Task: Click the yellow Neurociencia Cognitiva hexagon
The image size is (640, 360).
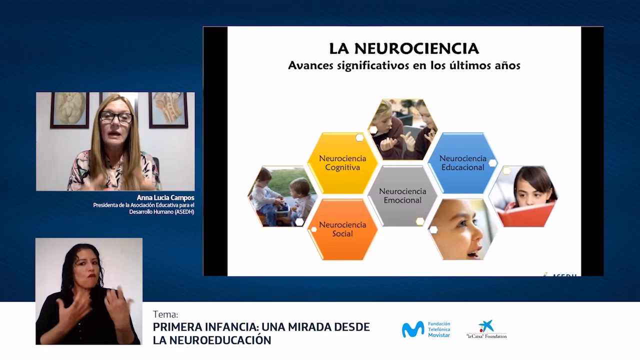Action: (x=342, y=163)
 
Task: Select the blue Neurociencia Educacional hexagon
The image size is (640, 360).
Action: (x=462, y=163)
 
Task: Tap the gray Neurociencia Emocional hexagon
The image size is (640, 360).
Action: (x=402, y=195)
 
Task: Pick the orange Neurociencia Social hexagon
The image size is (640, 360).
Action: (x=342, y=229)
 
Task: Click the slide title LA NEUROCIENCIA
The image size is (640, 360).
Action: (x=404, y=48)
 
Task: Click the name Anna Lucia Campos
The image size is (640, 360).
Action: (x=165, y=198)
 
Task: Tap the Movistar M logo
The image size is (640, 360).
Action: (x=413, y=329)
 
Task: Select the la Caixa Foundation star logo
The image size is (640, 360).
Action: (x=486, y=326)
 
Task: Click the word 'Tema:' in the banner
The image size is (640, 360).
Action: (x=165, y=314)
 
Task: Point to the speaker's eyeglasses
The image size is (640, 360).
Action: (x=116, y=117)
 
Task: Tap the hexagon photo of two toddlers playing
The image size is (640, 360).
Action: (x=281, y=196)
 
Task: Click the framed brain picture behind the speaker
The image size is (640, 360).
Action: (x=69, y=109)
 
